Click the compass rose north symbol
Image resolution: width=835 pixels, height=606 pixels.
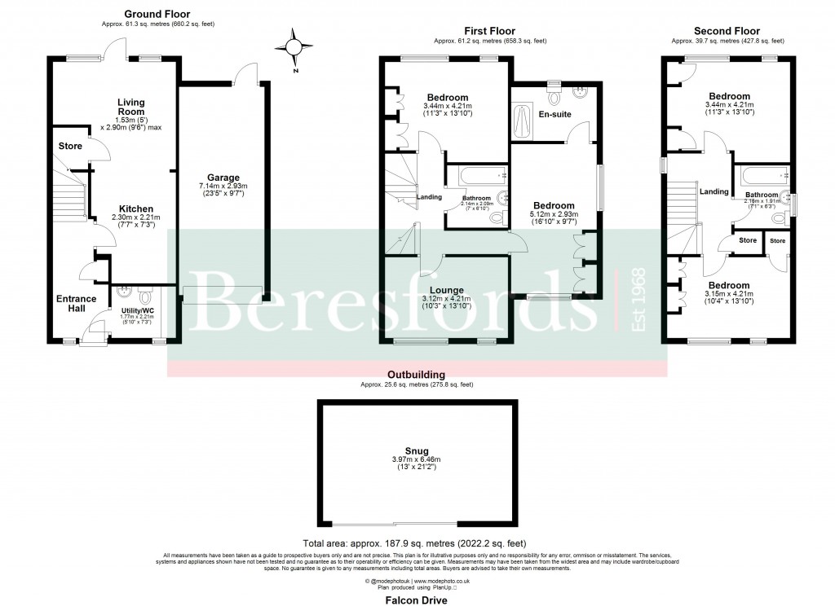point(295,48)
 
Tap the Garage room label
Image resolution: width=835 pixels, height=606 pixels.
point(223,178)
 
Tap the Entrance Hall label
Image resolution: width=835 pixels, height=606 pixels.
point(77,304)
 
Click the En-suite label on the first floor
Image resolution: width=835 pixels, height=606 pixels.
point(554,115)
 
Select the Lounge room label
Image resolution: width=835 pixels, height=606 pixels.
point(447,290)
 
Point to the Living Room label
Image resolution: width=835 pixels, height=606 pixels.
point(130,108)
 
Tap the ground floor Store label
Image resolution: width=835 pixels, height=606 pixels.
point(69,146)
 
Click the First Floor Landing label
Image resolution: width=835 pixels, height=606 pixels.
point(429,197)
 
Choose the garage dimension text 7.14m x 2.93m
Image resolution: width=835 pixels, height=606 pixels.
point(223,187)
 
